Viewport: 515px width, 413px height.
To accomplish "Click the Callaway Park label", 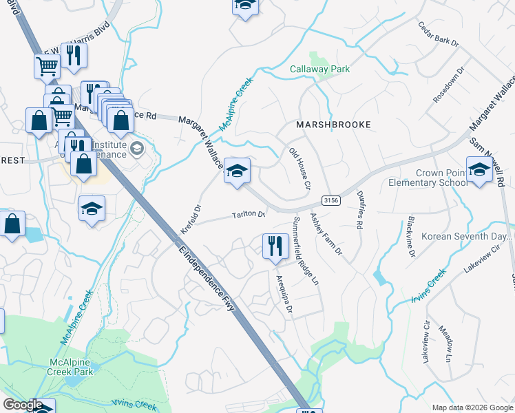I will (x=319, y=70).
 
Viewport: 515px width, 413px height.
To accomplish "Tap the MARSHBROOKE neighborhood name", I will (x=333, y=125).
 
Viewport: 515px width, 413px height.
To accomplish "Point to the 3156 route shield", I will (x=330, y=200).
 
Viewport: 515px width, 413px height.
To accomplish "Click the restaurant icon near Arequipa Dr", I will (x=275, y=246).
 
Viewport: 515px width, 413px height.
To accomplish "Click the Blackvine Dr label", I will (x=411, y=238).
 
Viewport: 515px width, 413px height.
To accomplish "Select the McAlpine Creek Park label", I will (x=72, y=366).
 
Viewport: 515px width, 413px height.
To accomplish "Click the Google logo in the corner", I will (x=22, y=405).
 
